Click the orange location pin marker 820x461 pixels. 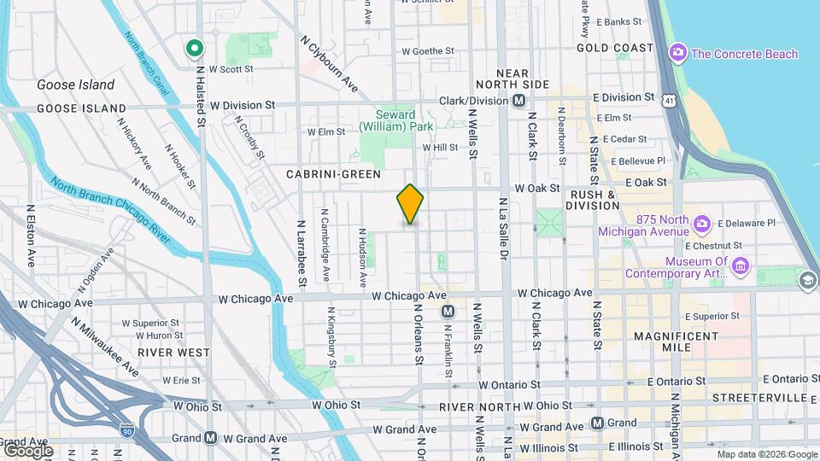410,204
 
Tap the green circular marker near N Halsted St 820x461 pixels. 195,50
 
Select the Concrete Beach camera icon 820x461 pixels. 678,54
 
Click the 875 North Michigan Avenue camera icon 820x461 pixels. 702,225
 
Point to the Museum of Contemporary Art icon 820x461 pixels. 741,268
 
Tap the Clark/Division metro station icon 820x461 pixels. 518,101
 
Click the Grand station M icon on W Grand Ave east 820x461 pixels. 597,423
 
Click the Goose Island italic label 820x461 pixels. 75,85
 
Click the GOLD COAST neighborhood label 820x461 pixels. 614,48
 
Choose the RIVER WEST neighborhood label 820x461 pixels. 173,352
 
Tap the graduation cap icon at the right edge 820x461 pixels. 807,281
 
